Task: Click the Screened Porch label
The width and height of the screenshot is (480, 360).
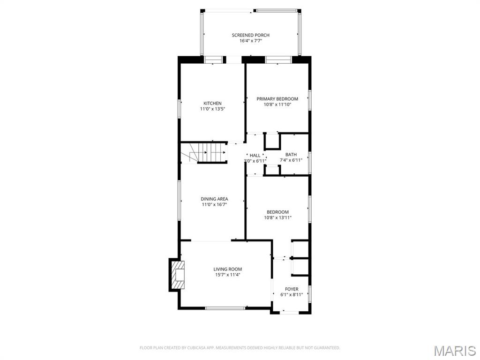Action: (251, 35)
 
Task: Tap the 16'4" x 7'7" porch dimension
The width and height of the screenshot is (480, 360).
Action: (251, 41)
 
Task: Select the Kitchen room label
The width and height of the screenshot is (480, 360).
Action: (212, 103)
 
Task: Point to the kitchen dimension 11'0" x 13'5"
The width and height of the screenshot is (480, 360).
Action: (212, 109)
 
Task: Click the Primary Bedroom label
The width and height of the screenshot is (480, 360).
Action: (277, 99)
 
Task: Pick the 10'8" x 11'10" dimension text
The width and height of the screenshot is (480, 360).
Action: (277, 105)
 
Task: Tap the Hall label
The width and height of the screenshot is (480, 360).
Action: (255, 155)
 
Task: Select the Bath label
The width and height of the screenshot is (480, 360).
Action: (291, 154)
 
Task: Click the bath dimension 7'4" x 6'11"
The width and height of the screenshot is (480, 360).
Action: (291, 160)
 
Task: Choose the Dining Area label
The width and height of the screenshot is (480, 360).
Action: (214, 199)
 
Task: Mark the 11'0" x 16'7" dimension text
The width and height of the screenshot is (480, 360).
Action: (214, 204)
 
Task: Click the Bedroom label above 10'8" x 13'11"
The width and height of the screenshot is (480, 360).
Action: (277, 212)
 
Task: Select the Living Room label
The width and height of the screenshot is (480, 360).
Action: (228, 269)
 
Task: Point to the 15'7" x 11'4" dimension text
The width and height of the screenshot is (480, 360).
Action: (228, 275)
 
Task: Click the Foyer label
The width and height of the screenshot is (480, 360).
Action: (292, 289)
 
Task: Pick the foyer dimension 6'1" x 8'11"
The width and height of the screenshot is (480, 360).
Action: (292, 295)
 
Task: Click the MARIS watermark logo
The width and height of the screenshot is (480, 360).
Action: (454, 351)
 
